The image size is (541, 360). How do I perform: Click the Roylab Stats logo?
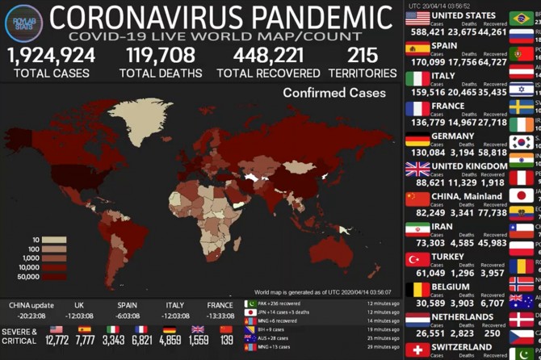23,22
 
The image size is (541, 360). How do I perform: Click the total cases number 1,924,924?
52,55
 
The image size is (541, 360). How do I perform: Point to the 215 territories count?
363,55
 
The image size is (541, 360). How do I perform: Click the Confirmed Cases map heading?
334,93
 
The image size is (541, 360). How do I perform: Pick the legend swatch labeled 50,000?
55,277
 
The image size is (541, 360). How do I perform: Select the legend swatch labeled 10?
55,240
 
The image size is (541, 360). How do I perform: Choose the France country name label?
448,106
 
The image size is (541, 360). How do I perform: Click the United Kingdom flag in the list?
417,170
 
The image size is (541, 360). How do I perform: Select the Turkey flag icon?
417,260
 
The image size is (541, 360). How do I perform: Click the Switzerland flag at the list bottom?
417,350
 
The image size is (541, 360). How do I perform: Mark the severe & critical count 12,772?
57,341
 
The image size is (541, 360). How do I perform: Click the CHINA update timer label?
31,306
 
